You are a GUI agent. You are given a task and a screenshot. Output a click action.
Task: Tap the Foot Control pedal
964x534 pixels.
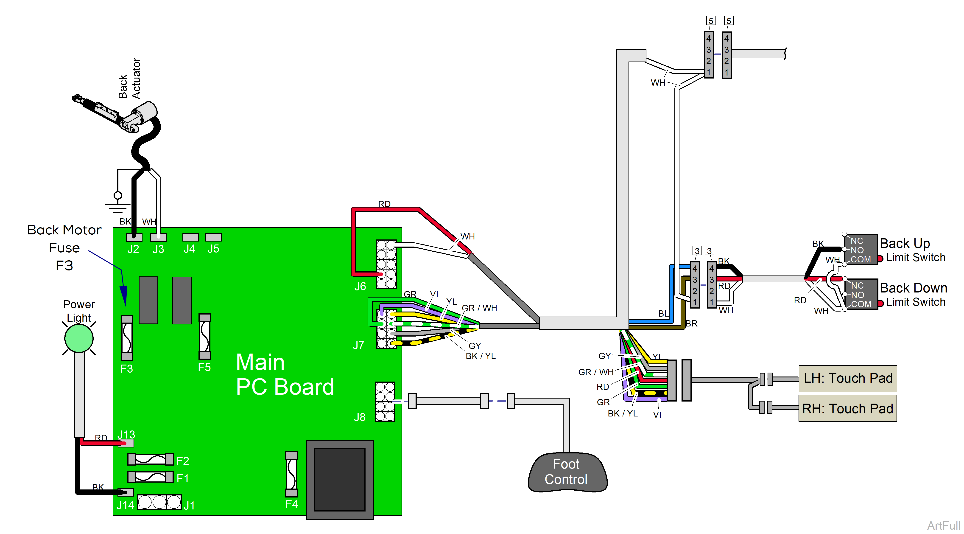(567, 472)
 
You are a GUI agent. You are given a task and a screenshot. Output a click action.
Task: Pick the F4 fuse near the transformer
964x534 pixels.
(291, 474)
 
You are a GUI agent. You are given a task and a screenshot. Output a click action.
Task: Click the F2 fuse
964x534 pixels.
(151, 459)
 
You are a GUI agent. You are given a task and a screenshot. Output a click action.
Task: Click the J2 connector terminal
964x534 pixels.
(134, 237)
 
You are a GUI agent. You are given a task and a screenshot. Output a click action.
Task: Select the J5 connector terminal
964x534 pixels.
(213, 237)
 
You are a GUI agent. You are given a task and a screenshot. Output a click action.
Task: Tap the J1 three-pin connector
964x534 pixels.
(159, 502)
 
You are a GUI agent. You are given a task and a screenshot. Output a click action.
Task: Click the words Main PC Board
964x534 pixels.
(284, 374)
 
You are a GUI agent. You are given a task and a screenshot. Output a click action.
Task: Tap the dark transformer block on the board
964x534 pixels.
(339, 480)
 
